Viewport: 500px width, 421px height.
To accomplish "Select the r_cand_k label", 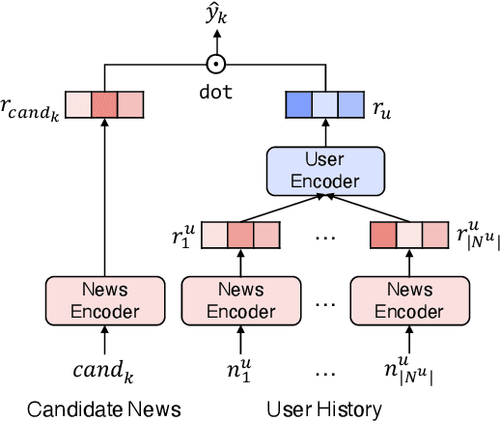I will [33, 104].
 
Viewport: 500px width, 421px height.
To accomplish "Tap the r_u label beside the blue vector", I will [385, 104].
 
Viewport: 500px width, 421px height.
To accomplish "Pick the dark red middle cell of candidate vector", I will [103, 103].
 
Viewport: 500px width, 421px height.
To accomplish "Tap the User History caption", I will [324, 408].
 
